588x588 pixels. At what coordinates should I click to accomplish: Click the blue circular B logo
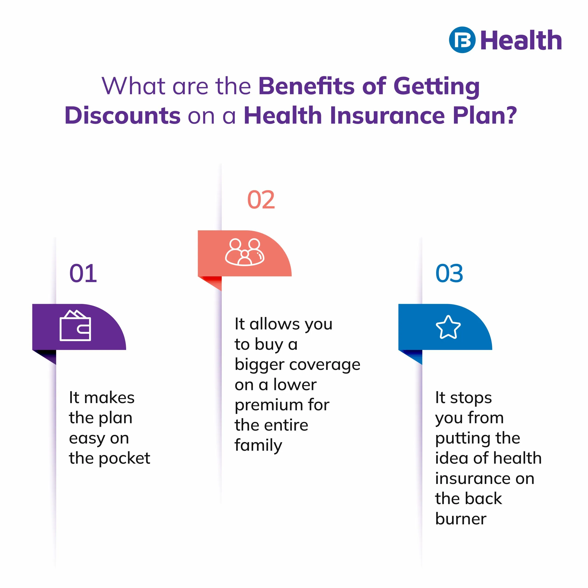tap(462, 40)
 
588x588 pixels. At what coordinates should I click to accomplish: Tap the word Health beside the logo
tap(521, 40)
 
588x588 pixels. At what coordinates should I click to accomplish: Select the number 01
tap(83, 273)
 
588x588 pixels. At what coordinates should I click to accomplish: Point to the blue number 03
tap(449, 273)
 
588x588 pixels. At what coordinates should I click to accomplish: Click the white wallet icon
tap(75, 325)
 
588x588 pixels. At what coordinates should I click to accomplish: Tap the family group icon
tap(245, 252)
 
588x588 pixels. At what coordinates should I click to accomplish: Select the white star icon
tap(448, 327)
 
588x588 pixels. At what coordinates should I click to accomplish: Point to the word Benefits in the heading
tap(306, 86)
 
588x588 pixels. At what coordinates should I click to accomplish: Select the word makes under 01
tap(109, 398)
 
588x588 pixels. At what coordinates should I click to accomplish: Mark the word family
tap(258, 445)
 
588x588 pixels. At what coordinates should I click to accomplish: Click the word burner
tap(461, 519)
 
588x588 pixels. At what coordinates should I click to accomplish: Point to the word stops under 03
tap(471, 398)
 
